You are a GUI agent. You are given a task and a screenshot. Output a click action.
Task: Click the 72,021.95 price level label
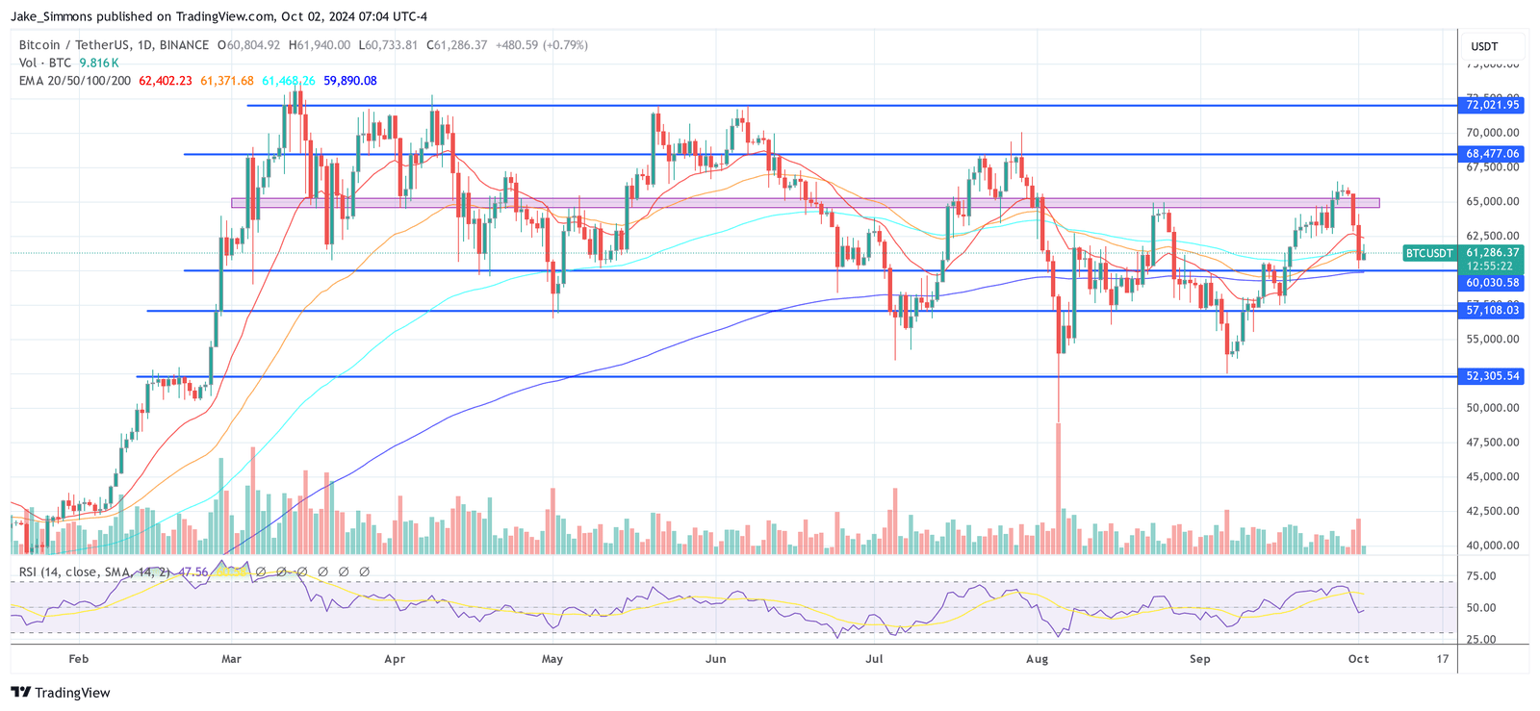tap(1492, 105)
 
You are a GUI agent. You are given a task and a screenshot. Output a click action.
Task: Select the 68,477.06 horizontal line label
tap(1492, 154)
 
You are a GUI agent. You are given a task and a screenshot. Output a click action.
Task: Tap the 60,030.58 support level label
tap(1492, 283)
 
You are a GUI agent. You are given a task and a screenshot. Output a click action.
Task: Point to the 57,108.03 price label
tap(1492, 310)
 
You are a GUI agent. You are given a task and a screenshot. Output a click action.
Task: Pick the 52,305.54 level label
tap(1492, 376)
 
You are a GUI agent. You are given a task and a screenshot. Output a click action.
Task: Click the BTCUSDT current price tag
tap(1428, 253)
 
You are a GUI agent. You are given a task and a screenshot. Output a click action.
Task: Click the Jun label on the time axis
tap(715, 659)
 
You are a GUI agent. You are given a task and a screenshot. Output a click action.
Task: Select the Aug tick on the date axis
tap(1037, 659)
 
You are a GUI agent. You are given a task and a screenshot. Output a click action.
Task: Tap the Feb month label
tap(79, 659)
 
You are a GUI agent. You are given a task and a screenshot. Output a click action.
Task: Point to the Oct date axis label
tap(1358, 659)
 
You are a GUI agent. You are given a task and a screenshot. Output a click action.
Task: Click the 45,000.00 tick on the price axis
tap(1493, 476)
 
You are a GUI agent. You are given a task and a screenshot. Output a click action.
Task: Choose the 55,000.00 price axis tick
tap(1493, 339)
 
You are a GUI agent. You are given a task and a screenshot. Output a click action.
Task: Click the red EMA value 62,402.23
tap(166, 81)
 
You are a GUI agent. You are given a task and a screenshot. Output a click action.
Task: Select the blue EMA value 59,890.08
tap(349, 81)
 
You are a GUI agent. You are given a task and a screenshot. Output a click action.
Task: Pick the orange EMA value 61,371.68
tap(227, 81)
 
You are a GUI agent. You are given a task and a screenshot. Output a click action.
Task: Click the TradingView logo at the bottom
tap(61, 693)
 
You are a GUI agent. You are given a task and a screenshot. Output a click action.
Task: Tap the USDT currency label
tap(1484, 46)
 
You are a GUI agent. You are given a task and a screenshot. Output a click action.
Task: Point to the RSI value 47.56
tap(193, 571)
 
